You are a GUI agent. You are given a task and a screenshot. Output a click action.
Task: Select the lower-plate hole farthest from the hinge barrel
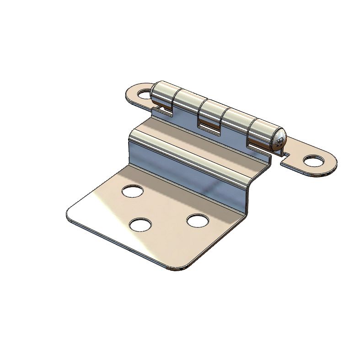[x=140, y=225]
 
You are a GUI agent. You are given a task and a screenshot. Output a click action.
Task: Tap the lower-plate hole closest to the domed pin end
[x=198, y=220]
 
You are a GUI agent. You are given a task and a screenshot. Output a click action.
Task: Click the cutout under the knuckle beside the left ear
[x=161, y=110]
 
